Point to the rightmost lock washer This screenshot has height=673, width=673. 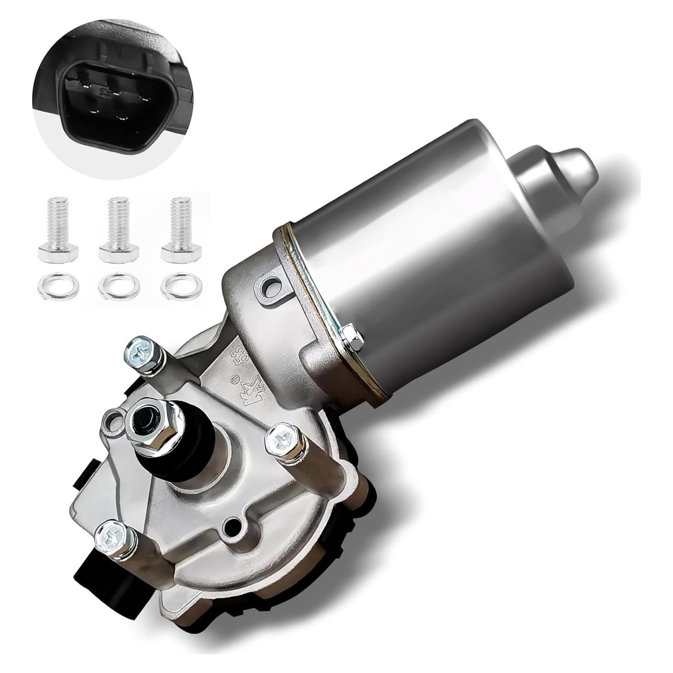click(175, 286)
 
